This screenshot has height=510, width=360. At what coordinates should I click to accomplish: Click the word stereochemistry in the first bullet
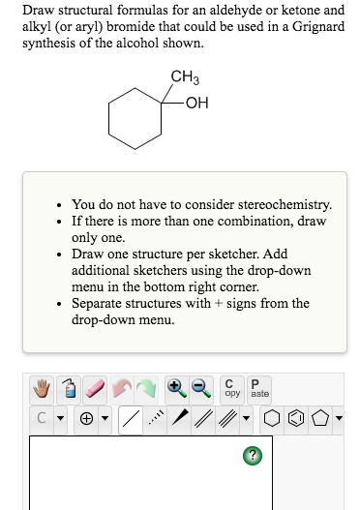coord(281,204)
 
